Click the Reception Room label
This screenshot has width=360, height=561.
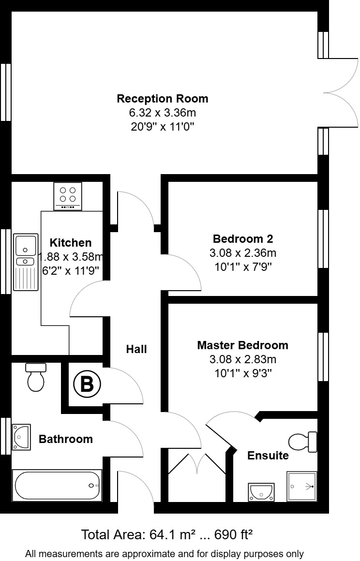coord(163,99)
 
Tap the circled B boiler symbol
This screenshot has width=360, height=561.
coord(87,384)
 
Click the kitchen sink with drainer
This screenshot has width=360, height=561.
coord(25,262)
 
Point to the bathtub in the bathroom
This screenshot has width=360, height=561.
coord(58,486)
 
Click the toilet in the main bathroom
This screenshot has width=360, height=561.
coord(36,376)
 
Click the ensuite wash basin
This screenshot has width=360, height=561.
coord(261,492)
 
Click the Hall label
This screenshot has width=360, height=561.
coord(136,349)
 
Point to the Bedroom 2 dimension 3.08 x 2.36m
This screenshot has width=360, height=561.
coord(242,252)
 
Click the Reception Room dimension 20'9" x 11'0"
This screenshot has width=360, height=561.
coord(163,127)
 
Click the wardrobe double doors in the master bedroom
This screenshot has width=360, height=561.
coord(197,464)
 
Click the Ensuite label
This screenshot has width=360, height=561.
coord(268,455)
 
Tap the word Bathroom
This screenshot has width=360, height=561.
coord(66,439)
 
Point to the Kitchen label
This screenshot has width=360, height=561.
coord(71,242)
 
